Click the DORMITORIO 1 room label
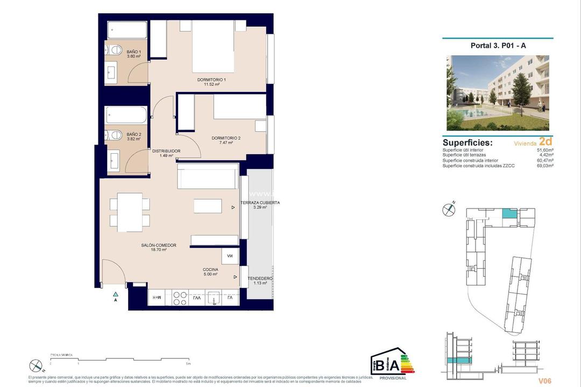click(x=211, y=80)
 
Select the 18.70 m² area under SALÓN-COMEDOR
click(x=158, y=250)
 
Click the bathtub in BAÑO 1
click(x=127, y=30)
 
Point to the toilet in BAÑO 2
click(x=114, y=135)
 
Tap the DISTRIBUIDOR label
click(x=166, y=151)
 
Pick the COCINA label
click(x=210, y=269)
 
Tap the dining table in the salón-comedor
click(x=130, y=212)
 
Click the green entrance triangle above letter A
click(x=115, y=294)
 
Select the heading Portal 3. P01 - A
click(x=498, y=46)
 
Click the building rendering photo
click(x=498, y=92)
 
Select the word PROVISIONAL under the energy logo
click(x=393, y=378)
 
